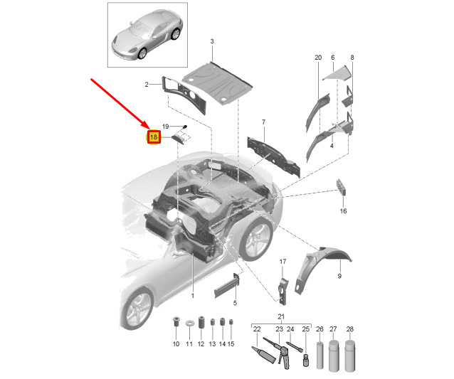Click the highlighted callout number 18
154,137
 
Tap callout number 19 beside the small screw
165,127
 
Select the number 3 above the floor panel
212,41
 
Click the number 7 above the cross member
263,122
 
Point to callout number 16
343,211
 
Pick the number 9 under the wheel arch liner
339,276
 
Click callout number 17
283,262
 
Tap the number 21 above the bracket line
281,316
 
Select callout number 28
350,329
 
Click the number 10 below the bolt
176,344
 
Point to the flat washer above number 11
190,323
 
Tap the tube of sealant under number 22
263,353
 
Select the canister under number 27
334,356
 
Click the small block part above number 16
341,187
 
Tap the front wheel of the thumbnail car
142,53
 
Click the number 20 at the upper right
318,58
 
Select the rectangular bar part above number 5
227,286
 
